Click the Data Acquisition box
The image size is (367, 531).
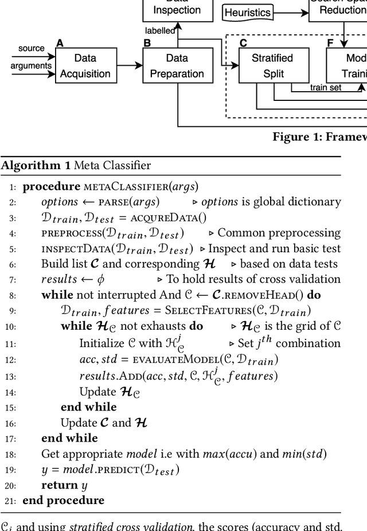click(85, 66)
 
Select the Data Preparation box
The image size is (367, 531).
click(177, 66)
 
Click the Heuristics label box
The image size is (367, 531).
click(247, 12)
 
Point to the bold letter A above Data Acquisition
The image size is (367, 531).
click(60, 42)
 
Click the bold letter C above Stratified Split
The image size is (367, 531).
click(243, 42)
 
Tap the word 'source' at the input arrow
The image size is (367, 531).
click(31, 48)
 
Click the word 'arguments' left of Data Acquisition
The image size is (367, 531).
click(31, 67)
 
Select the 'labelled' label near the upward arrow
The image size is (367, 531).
click(159, 31)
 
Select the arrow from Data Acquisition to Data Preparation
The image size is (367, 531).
click(127, 66)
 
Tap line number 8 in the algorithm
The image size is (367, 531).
click(13, 295)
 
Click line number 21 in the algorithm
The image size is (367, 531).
click(11, 500)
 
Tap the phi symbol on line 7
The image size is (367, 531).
click(101, 280)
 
